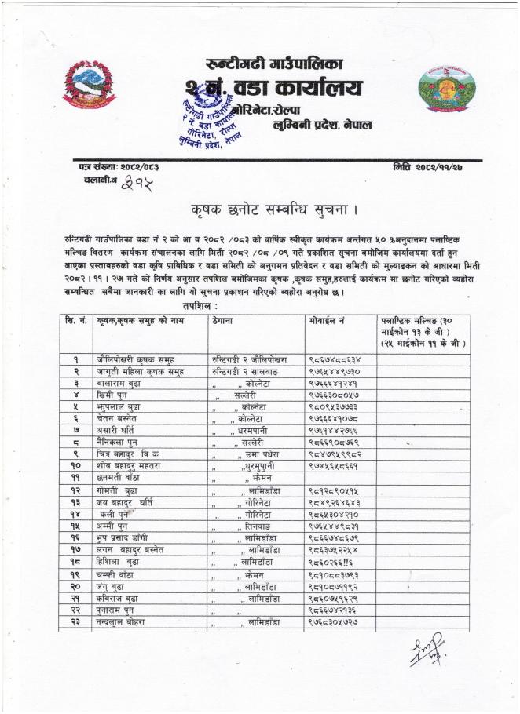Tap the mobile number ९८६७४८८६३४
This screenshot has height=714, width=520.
pos(334,358)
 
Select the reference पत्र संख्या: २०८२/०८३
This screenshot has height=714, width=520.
pos(112,167)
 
